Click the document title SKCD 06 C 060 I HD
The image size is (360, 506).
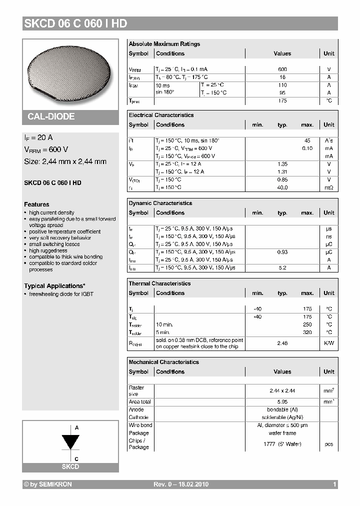(x=75, y=23)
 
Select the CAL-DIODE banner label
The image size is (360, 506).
(x=51, y=116)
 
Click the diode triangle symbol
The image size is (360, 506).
(x=70, y=442)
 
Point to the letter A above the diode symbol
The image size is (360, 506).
(x=76, y=428)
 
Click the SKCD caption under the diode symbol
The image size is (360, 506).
(x=70, y=466)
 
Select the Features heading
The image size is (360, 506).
(x=36, y=204)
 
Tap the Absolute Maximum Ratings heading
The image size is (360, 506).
(x=164, y=44)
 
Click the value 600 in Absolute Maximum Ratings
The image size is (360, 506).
(x=282, y=69)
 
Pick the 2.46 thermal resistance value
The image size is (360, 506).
(x=282, y=343)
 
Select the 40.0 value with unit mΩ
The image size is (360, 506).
(x=282, y=187)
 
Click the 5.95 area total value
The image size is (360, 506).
(x=282, y=401)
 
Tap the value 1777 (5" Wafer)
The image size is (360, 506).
(x=282, y=444)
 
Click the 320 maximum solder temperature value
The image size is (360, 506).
(x=307, y=332)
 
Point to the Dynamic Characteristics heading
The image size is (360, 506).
(x=160, y=203)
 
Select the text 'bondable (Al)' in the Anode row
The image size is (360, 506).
(x=282, y=409)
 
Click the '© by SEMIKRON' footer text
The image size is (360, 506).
(x=48, y=484)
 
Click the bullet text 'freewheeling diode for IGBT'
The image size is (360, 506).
(x=61, y=294)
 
